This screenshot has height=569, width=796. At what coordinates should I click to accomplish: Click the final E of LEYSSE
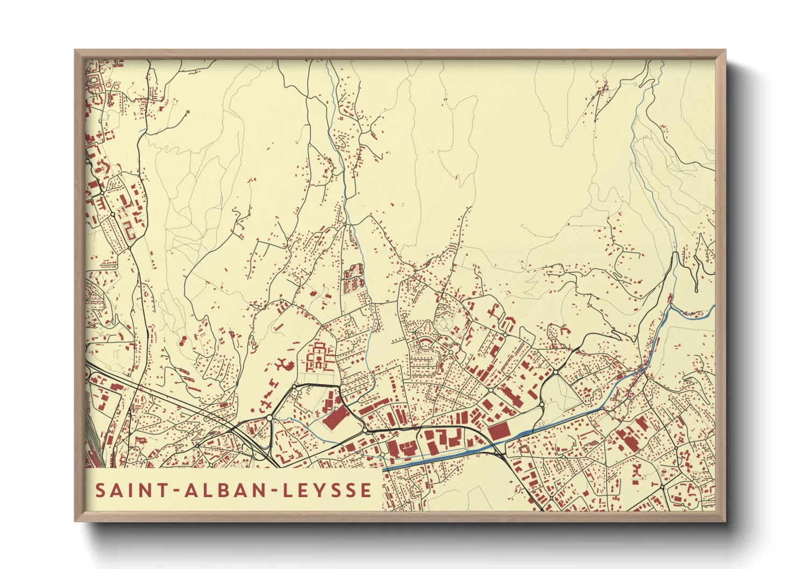(366, 490)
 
